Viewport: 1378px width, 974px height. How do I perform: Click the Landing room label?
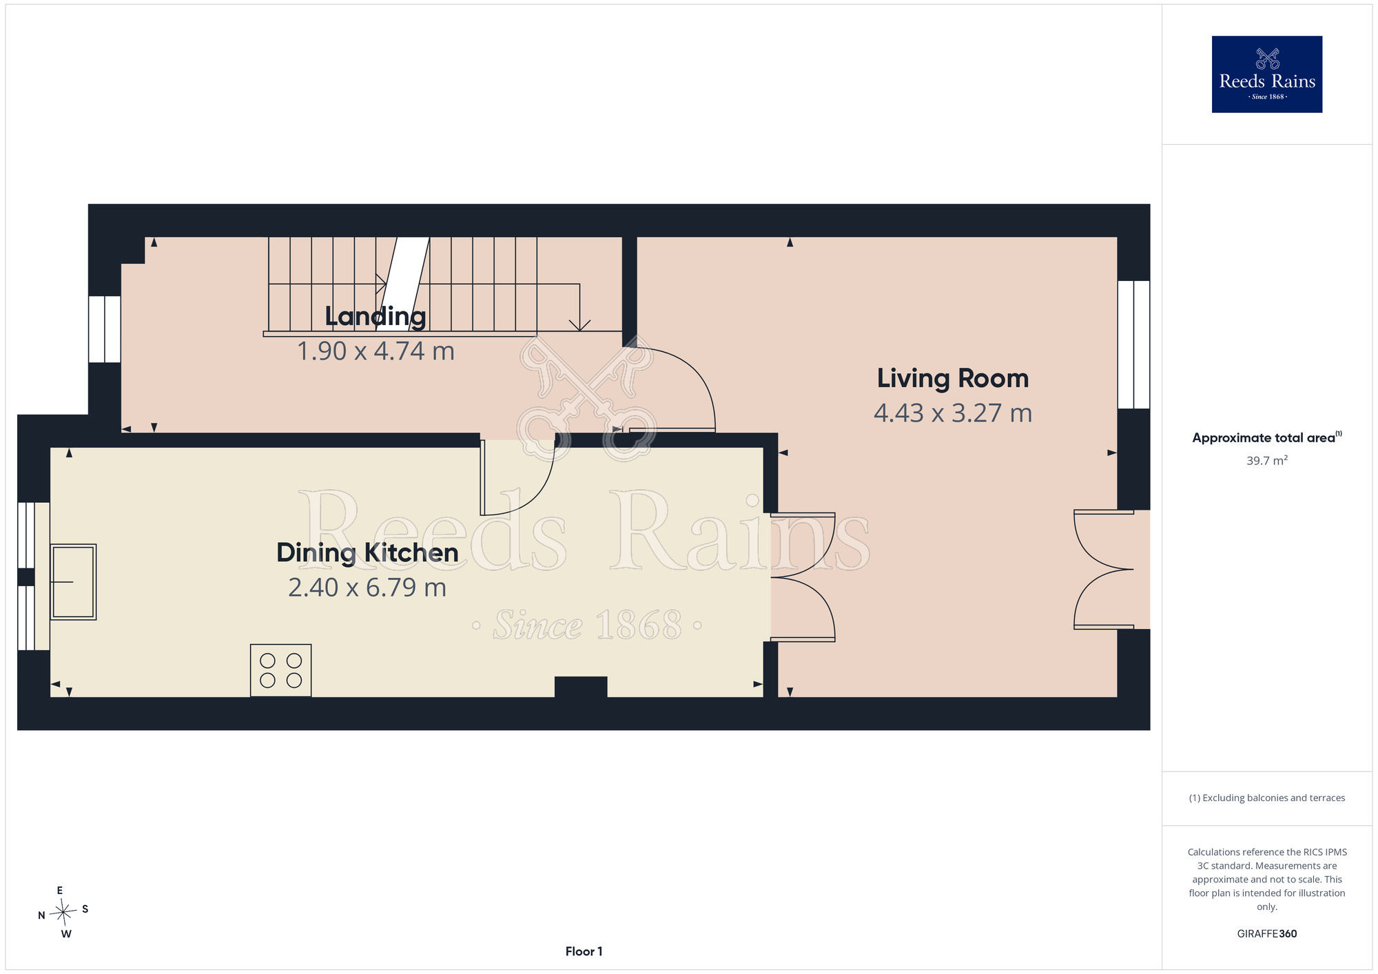[376, 316]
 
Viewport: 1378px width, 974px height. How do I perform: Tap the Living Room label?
[953, 378]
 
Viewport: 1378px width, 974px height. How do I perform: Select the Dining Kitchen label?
[367, 552]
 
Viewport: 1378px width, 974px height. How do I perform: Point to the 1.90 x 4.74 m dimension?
[376, 351]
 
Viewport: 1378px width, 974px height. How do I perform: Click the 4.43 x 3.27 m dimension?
[953, 413]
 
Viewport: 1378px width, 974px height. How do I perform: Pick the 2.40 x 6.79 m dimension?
[367, 588]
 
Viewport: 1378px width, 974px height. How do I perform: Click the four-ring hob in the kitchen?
[280, 670]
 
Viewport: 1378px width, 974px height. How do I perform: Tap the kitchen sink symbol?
[73, 582]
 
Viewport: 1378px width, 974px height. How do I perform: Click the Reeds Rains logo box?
[1267, 74]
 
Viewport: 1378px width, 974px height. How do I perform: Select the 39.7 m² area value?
[1267, 460]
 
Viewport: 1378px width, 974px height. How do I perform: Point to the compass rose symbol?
[63, 913]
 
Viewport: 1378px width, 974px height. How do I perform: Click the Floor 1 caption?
[584, 951]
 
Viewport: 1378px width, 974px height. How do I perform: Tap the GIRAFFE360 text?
[1267, 934]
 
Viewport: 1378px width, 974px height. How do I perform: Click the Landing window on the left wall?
[105, 329]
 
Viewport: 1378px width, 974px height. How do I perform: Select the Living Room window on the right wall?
[1133, 344]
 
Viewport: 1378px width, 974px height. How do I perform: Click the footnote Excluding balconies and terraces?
[1267, 798]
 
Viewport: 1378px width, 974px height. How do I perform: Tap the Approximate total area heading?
[1267, 437]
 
